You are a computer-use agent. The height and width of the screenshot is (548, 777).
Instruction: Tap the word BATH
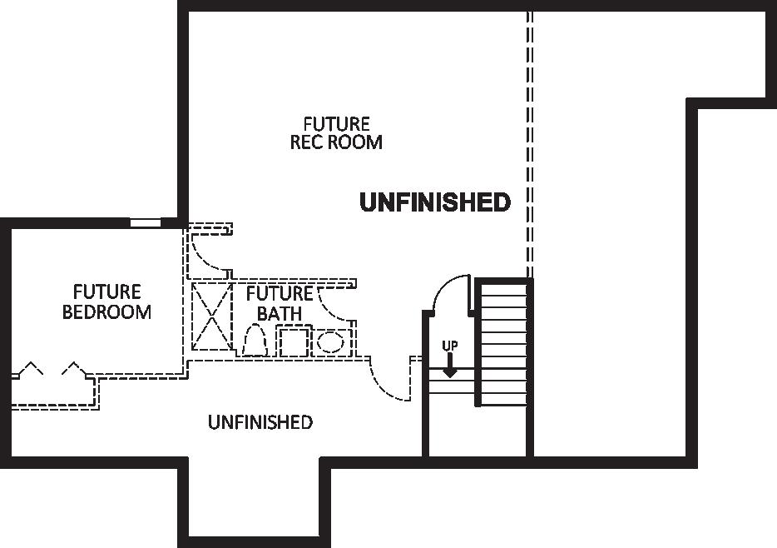(279, 314)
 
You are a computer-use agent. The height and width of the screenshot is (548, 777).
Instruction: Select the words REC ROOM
(336, 142)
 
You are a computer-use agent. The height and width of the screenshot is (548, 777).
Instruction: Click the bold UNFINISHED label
(434, 202)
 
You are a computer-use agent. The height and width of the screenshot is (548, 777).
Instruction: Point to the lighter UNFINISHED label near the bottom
(260, 422)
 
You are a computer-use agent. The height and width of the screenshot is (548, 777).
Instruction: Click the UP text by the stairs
(449, 345)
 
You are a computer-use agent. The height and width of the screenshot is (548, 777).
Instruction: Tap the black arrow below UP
(449, 366)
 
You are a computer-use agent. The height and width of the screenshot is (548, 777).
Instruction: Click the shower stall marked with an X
(211, 316)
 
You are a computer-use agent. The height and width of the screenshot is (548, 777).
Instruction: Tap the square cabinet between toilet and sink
(293, 342)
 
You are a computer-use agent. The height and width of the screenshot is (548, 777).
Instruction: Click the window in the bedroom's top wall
(145, 222)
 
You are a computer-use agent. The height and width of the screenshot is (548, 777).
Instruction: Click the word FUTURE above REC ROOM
(336, 123)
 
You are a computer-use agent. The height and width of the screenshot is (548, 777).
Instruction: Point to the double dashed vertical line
(529, 142)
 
